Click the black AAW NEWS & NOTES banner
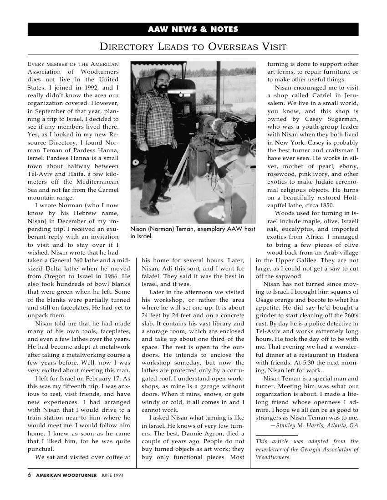(193, 29)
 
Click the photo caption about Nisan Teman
(193, 233)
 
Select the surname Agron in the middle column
(207, 433)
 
